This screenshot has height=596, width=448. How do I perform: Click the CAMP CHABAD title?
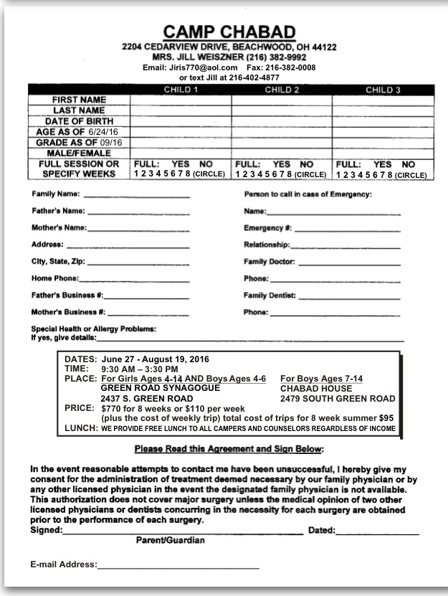229,32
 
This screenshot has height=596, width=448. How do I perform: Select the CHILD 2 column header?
281,90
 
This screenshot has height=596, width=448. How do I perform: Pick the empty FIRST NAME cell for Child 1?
181,100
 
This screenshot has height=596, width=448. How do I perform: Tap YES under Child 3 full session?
383,164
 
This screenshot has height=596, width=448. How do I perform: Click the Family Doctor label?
269,262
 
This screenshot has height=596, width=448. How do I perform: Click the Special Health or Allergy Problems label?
94,329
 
